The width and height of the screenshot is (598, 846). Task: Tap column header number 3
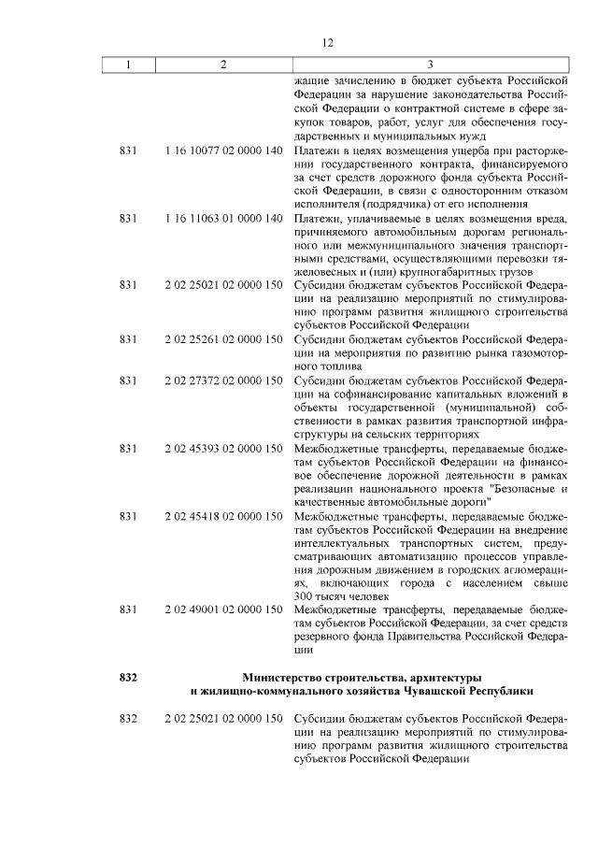tap(429, 65)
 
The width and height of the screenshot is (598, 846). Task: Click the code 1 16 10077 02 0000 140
tap(223, 149)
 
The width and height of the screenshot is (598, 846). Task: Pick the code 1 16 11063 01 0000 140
tap(223, 218)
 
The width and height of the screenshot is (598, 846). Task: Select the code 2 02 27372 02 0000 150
tap(223, 381)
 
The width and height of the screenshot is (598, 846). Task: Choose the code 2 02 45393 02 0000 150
tap(223, 450)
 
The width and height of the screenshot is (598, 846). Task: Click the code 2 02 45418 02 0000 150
tap(223, 515)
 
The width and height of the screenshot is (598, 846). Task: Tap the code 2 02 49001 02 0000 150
tap(223, 609)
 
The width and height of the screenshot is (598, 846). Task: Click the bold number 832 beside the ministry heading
tap(129, 676)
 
